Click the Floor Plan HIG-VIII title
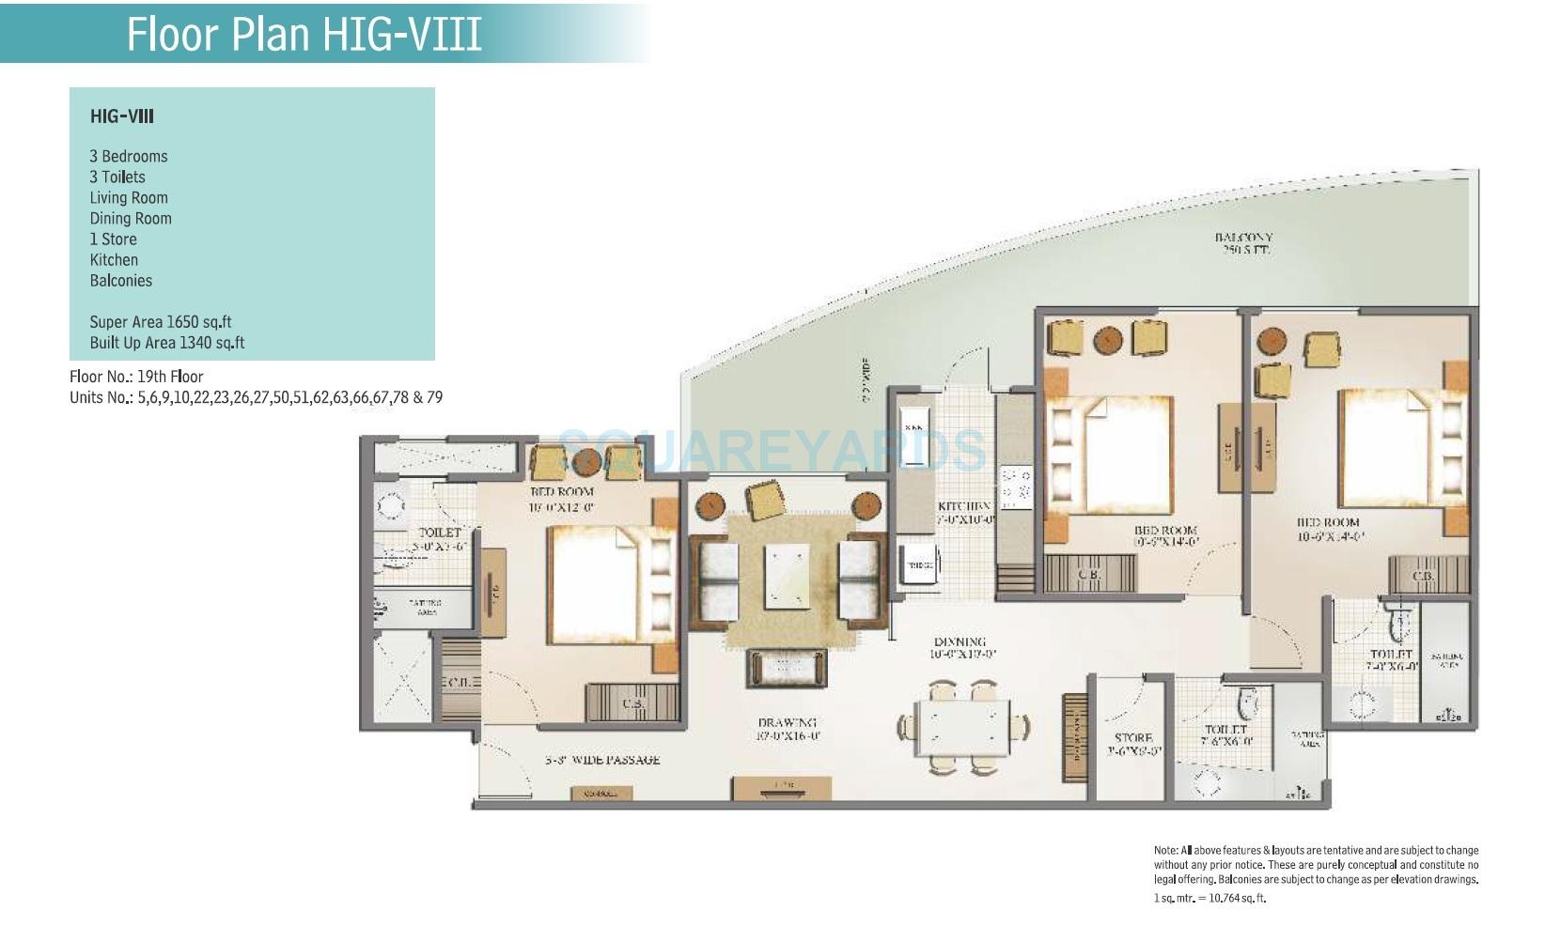click(x=304, y=34)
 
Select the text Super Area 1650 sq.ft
click(x=160, y=322)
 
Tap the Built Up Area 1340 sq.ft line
click(x=166, y=343)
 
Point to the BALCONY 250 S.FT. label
click(x=1243, y=244)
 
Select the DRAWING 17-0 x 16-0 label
click(x=788, y=729)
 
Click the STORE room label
click(x=1133, y=744)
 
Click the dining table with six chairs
click(x=961, y=728)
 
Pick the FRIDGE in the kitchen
click(x=917, y=565)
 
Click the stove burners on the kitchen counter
click(x=1015, y=485)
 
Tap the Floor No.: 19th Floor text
click(x=136, y=377)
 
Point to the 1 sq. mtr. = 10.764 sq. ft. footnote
click(x=1209, y=898)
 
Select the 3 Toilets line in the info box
click(x=117, y=177)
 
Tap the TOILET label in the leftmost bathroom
click(x=439, y=538)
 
